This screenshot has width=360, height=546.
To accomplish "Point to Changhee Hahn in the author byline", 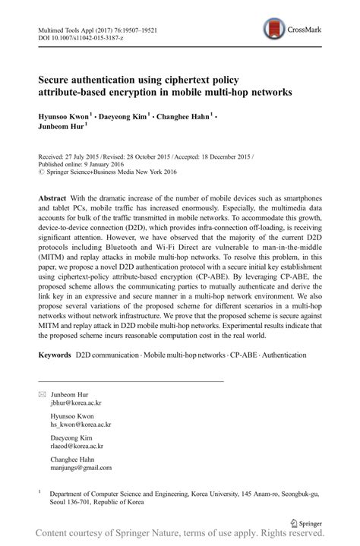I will (x=185, y=118).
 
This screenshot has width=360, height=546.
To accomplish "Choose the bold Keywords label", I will (x=55, y=355).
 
